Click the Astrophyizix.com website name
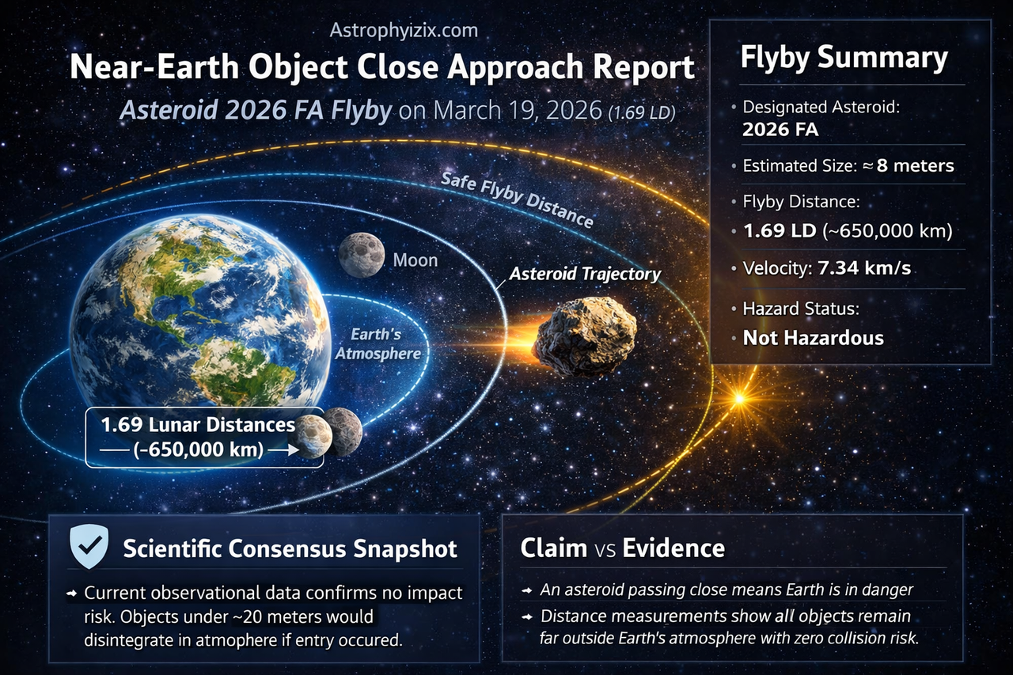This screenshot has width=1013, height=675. (404, 30)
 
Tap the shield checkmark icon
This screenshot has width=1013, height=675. (89, 546)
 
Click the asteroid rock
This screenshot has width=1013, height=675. (585, 337)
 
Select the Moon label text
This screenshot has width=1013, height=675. (415, 260)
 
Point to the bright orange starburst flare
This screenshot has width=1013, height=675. (739, 398)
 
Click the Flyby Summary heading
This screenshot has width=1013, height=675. (844, 59)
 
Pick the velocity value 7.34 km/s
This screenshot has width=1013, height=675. (864, 268)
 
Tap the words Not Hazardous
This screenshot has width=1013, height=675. (813, 338)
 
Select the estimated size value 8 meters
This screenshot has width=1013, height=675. (915, 165)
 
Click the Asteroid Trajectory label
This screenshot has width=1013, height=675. (585, 274)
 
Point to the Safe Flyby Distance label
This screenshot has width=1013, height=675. (517, 199)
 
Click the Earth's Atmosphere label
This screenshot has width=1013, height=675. (378, 343)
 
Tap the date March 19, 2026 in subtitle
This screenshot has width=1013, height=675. (518, 110)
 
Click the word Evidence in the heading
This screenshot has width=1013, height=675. (673, 548)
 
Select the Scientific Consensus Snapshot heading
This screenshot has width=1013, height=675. (290, 548)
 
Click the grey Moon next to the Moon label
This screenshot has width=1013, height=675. (362, 255)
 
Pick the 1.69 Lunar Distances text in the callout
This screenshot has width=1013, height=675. (198, 425)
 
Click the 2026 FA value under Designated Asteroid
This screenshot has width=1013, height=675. (780, 130)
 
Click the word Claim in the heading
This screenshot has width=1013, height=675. (553, 548)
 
